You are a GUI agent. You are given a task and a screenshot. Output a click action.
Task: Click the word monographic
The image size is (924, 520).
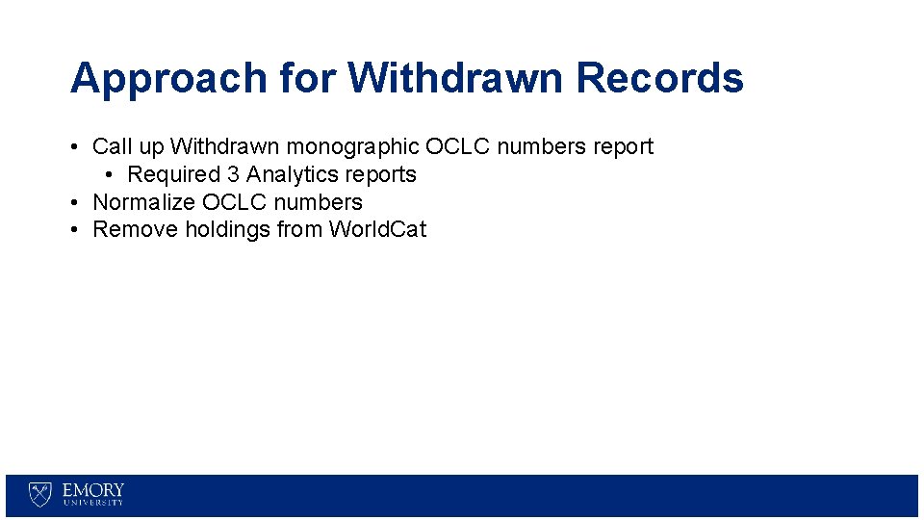pos(353,147)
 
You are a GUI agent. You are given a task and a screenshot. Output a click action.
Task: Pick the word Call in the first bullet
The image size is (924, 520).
pos(112,147)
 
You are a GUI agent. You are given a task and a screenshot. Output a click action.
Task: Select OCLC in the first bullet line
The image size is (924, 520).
pos(457,147)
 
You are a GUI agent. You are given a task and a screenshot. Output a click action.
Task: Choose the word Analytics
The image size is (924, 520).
pos(291,175)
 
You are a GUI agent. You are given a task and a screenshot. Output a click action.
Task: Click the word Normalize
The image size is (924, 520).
pos(143,202)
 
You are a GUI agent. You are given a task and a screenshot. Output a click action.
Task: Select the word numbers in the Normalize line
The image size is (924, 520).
pos(318,202)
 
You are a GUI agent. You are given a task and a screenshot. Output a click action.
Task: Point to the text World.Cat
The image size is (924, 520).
pos(377,230)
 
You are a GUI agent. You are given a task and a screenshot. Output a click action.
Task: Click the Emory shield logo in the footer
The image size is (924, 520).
pos(40,494)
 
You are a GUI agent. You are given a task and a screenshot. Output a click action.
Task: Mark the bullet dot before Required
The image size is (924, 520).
pos(111,175)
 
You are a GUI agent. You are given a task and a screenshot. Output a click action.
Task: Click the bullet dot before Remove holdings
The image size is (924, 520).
pos(74,230)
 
